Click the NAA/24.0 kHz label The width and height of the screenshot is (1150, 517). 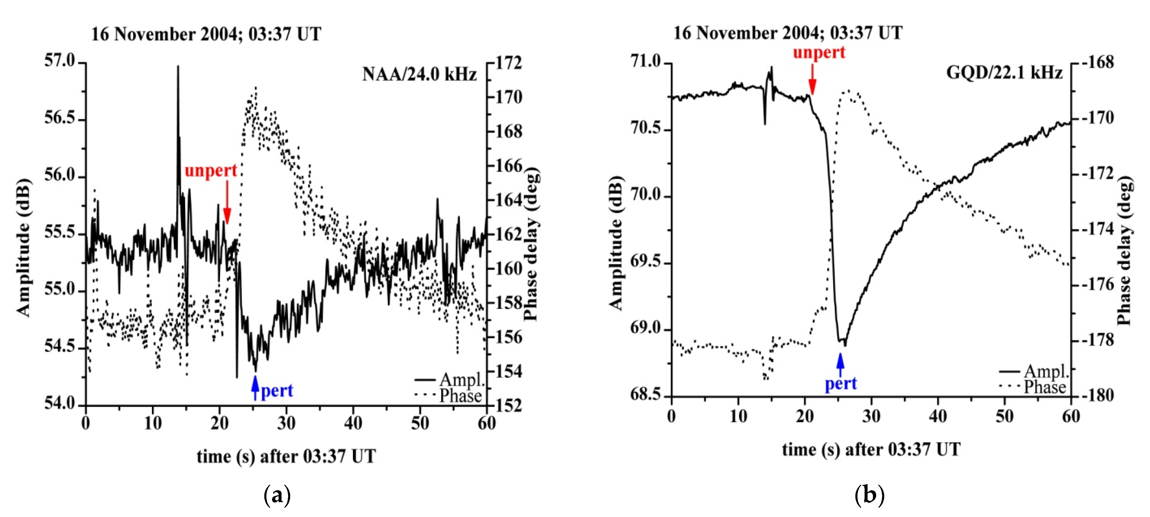(x=419, y=74)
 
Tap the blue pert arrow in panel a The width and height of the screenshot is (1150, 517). (x=255, y=387)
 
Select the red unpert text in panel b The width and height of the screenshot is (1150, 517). (x=819, y=53)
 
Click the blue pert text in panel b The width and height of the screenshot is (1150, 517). (x=840, y=384)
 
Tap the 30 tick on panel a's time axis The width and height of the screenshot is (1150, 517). (x=286, y=423)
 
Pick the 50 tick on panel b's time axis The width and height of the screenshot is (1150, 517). (x=1004, y=416)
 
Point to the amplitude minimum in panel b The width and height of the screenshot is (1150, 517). (x=844, y=344)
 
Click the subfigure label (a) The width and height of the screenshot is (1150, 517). (x=277, y=496)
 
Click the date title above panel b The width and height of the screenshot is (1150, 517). (x=788, y=33)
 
